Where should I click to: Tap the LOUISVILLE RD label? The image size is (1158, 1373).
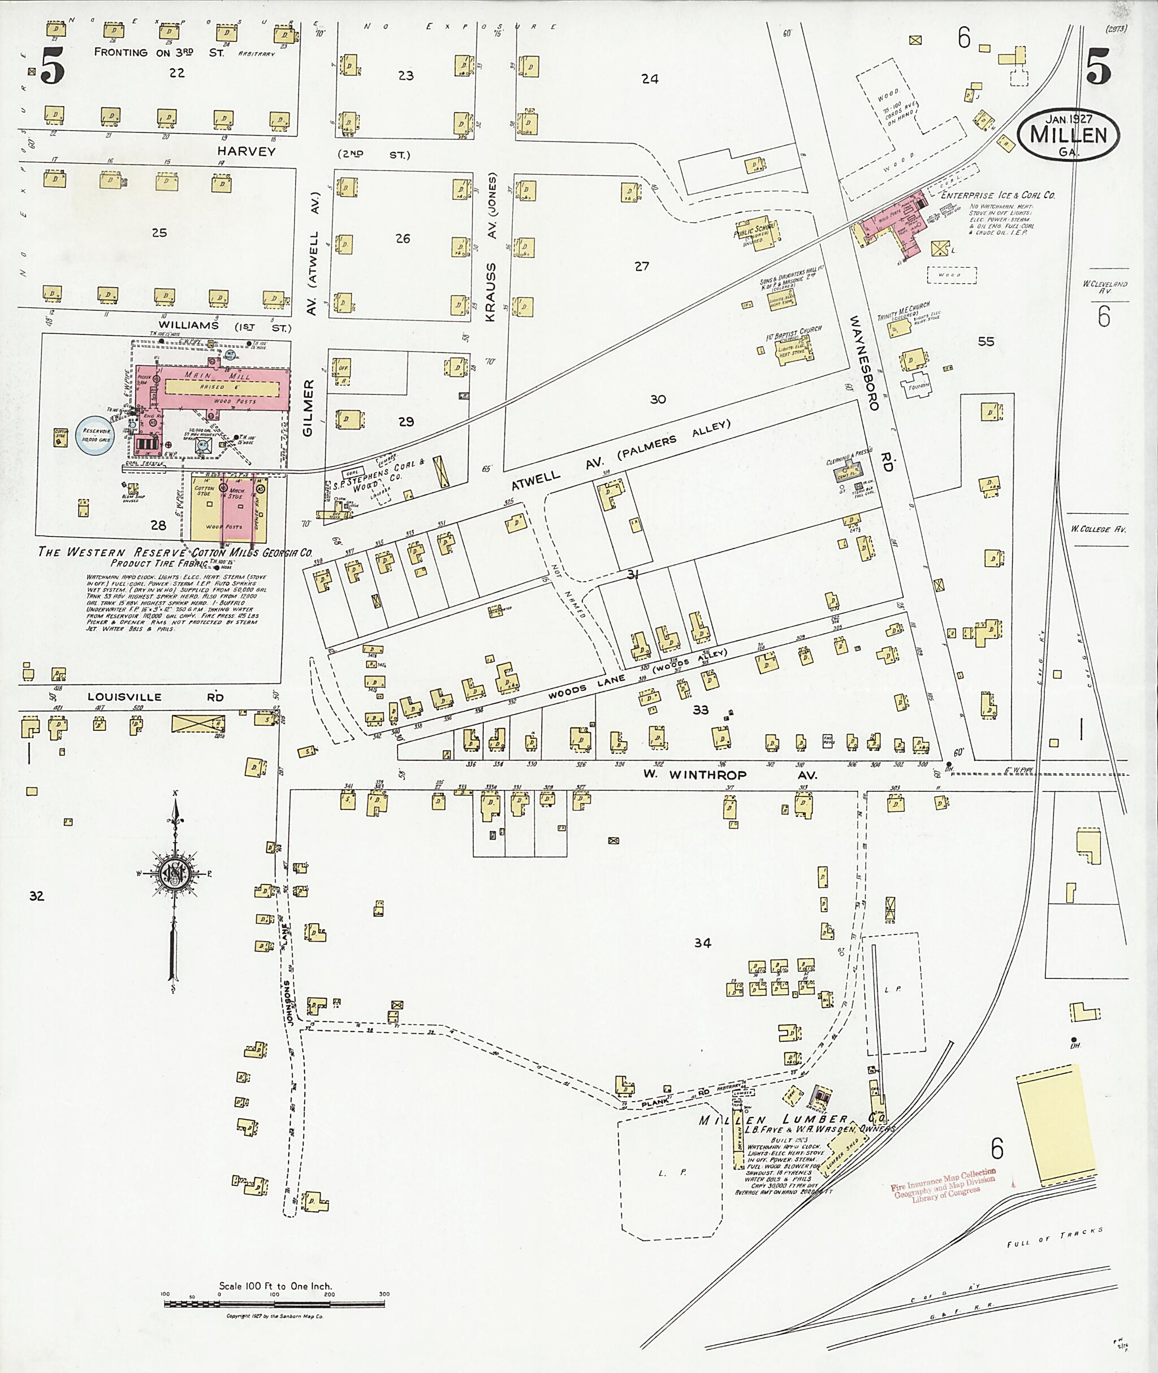click(155, 697)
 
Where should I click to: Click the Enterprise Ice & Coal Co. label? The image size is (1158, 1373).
click(998, 195)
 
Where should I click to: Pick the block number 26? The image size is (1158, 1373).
click(403, 238)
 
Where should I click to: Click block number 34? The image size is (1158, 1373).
click(702, 943)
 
